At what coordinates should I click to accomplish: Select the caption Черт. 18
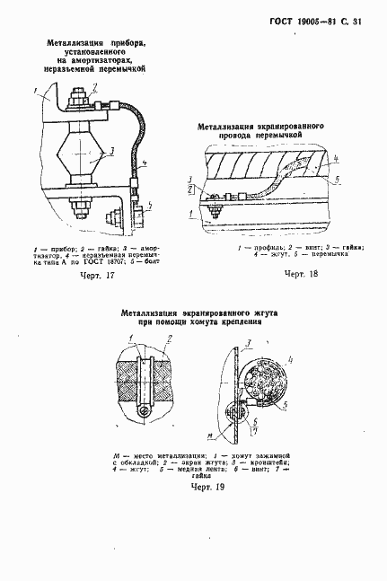[301, 274]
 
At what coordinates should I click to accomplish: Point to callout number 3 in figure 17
[110, 149]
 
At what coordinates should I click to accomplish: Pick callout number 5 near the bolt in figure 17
[149, 206]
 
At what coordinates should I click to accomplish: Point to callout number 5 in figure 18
[338, 180]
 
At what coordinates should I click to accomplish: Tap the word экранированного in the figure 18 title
[284, 128]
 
